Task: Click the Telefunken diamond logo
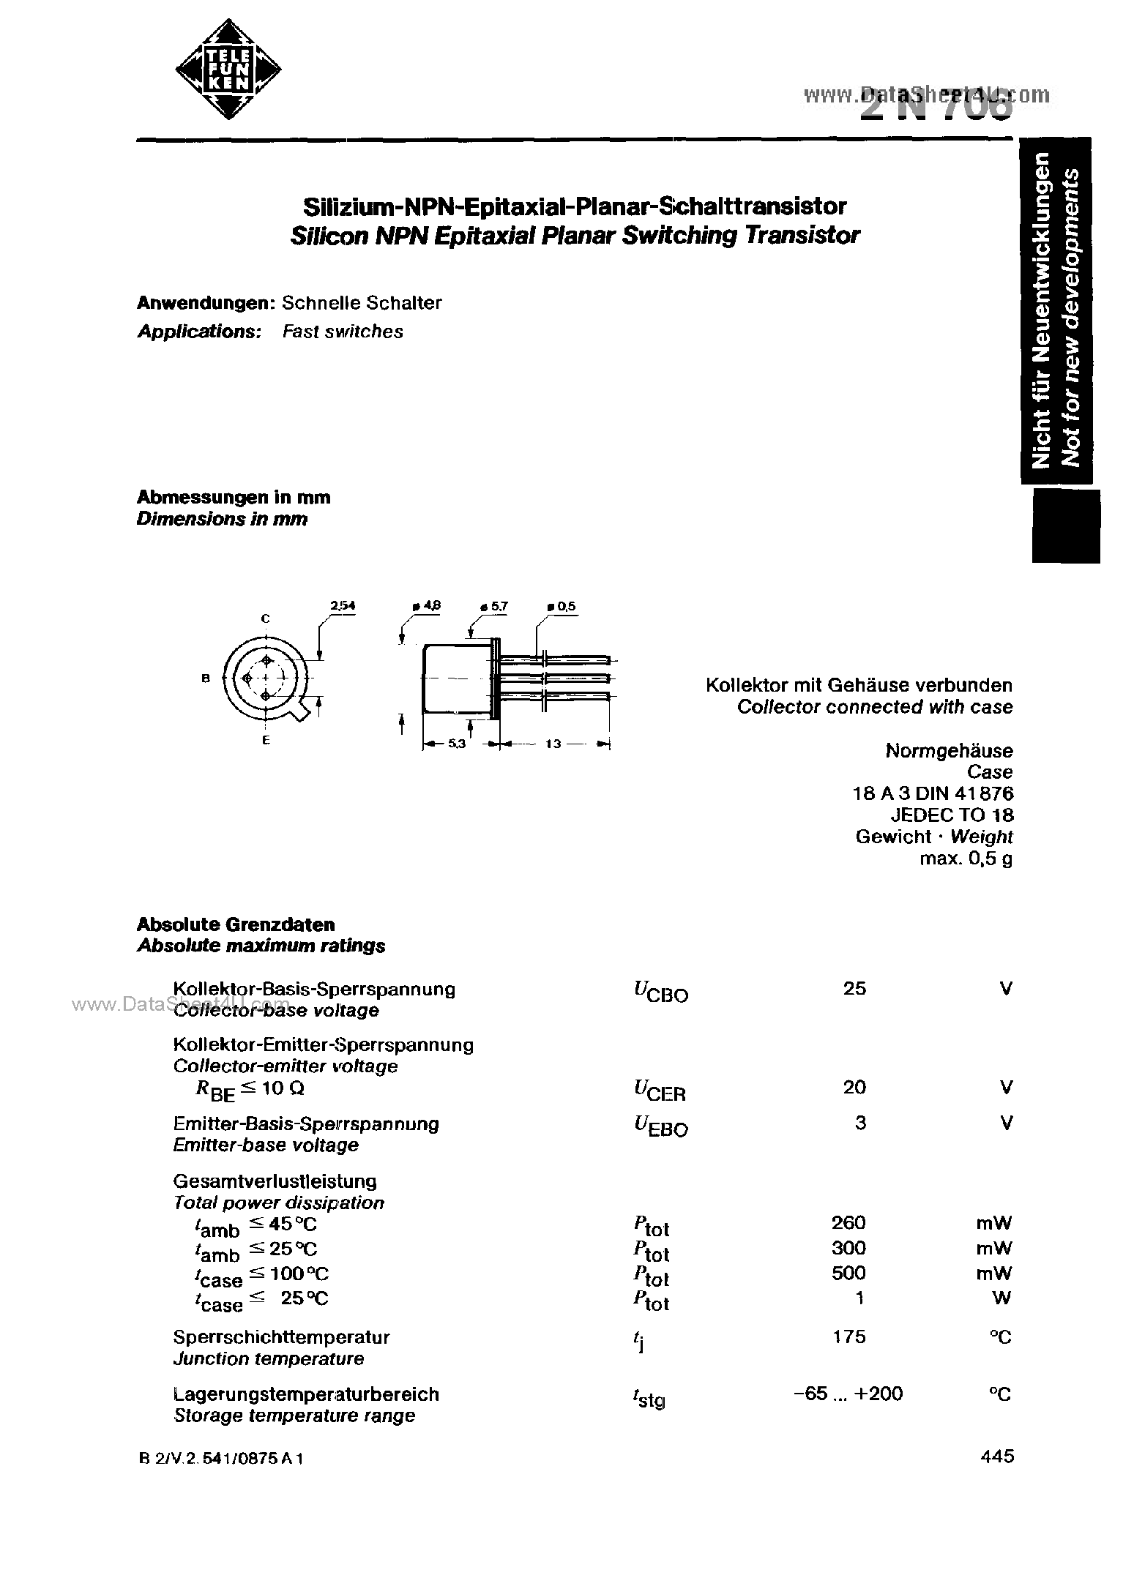(228, 70)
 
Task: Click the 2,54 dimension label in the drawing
(342, 606)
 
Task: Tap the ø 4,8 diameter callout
(428, 606)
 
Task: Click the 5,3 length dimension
(455, 744)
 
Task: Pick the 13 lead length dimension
(553, 744)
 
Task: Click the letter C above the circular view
(266, 619)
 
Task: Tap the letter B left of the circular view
(206, 678)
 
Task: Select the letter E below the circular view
(266, 741)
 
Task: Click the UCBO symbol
(660, 992)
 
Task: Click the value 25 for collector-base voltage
(854, 989)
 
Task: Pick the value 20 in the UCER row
(854, 1088)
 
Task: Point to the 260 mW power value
(848, 1223)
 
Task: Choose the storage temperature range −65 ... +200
(848, 1394)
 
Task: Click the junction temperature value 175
(849, 1336)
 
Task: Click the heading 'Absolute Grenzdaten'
(236, 924)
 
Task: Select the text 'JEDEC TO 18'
(952, 815)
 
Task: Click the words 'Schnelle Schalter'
(362, 303)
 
